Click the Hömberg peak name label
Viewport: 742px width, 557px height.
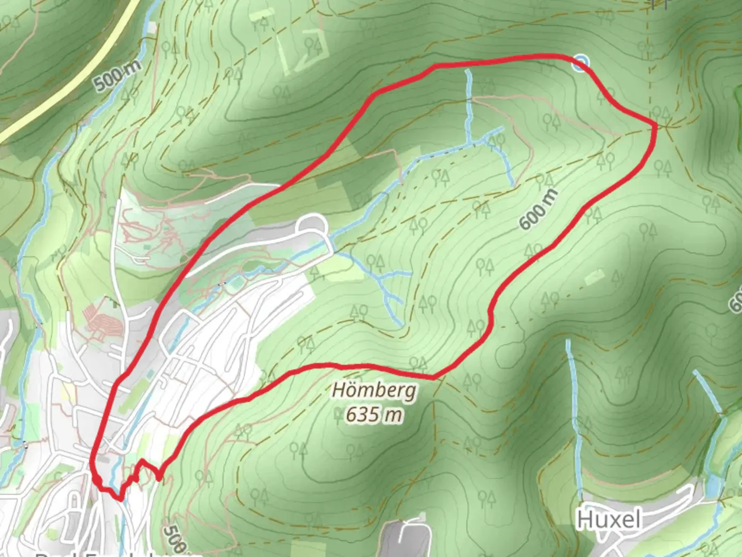coord(374,390)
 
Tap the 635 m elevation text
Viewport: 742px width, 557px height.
coord(374,414)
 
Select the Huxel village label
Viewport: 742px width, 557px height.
coord(609,519)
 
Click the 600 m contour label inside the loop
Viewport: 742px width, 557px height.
coord(538,209)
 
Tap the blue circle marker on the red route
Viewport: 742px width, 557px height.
coord(581,63)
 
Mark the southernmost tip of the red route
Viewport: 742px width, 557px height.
coord(121,499)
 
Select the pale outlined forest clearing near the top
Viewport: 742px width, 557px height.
coord(305,49)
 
